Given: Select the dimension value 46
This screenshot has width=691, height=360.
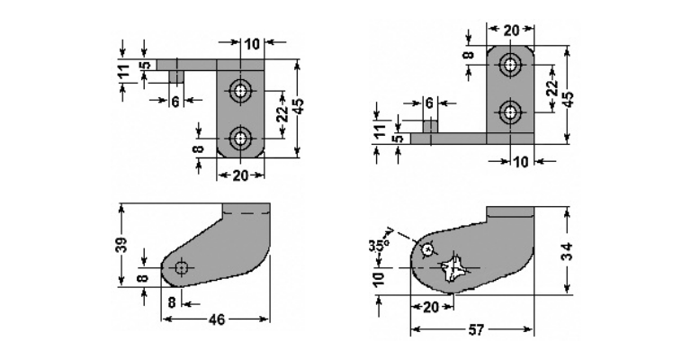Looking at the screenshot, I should (x=216, y=319).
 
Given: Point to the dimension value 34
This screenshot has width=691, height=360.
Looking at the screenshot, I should (x=568, y=251).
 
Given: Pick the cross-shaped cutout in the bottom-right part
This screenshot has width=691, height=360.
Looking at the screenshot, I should (x=455, y=268).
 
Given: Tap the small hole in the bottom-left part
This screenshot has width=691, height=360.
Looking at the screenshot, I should (x=182, y=267).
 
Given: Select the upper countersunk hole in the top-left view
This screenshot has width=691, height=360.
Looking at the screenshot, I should (x=241, y=90).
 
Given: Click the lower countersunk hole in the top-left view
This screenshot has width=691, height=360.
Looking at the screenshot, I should (x=241, y=138).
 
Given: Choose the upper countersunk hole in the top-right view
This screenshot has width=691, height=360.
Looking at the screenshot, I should (x=510, y=65).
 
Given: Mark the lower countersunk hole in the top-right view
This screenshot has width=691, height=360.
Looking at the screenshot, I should (x=510, y=112).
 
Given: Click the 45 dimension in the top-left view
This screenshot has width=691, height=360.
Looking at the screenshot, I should (x=300, y=106).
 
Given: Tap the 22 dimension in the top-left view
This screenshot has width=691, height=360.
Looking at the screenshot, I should (x=282, y=114).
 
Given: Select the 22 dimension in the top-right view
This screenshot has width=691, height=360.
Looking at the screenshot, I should (x=551, y=89).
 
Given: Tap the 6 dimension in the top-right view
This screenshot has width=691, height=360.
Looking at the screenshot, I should (x=429, y=103).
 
